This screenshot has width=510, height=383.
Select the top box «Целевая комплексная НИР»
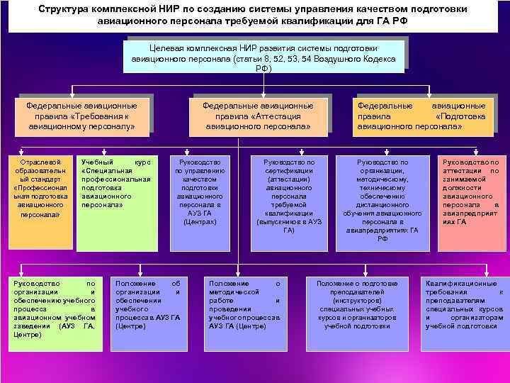[x=262, y=57]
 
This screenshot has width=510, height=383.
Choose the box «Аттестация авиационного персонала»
[x=258, y=116]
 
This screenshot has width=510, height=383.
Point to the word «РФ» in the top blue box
[x=262, y=70]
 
